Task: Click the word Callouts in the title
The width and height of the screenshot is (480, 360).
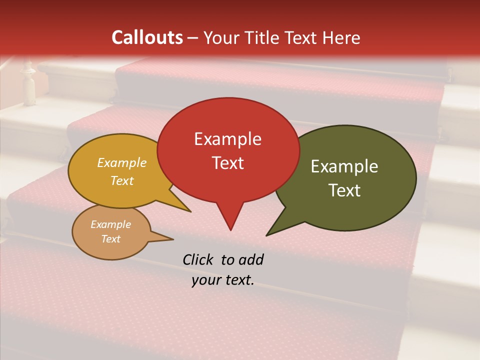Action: (x=147, y=37)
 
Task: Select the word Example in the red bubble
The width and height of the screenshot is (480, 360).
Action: (x=227, y=139)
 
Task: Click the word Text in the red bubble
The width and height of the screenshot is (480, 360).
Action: (x=227, y=163)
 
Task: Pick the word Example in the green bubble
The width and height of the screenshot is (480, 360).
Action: (x=344, y=166)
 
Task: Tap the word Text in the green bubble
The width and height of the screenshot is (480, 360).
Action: (x=344, y=190)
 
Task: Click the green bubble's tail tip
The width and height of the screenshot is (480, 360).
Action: (x=267, y=235)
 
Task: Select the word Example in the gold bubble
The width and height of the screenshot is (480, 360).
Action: (x=122, y=162)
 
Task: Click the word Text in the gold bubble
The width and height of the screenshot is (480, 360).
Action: (x=122, y=180)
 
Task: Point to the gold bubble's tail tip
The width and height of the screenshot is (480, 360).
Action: (x=190, y=211)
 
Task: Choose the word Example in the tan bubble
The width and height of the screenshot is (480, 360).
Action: (x=110, y=224)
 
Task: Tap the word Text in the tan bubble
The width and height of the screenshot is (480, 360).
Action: (x=110, y=239)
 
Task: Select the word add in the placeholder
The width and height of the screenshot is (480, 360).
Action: (x=250, y=259)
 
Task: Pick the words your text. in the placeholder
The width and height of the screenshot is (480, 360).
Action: (x=222, y=280)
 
